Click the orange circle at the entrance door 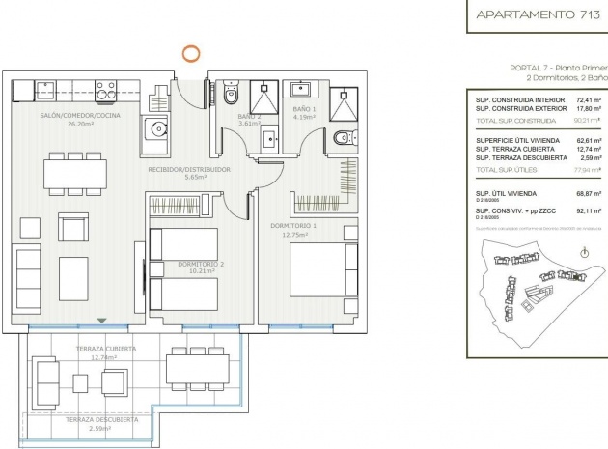[192, 55]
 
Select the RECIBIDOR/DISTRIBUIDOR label [188, 169]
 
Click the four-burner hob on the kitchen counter [105, 91]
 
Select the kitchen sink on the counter [47, 91]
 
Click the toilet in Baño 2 [229, 96]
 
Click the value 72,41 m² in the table [589, 99]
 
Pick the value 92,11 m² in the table [589, 208]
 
